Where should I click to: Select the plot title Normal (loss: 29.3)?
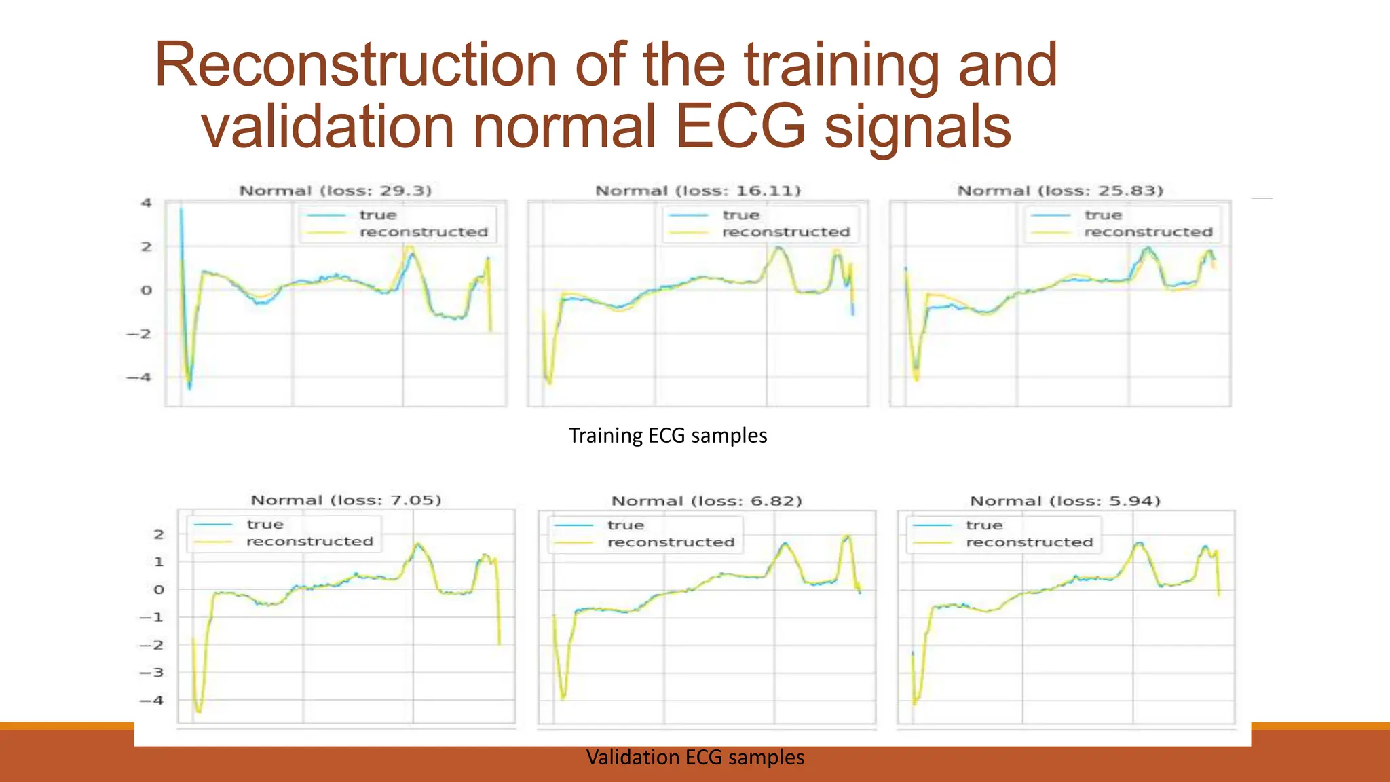click(335, 191)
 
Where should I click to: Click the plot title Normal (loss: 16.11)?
click(698, 191)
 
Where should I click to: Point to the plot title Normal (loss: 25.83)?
click(1060, 191)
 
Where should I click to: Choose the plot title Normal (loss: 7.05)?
click(346, 500)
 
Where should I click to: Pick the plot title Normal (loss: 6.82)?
click(707, 501)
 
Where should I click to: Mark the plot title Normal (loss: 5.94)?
click(1065, 501)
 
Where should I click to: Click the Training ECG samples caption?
click(668, 435)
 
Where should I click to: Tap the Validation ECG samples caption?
click(695, 757)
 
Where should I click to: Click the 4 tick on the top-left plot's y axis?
click(146, 203)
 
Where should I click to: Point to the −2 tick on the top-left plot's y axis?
click(140, 334)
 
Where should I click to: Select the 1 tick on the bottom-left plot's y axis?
click(158, 562)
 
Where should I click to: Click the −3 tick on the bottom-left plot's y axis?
click(152, 673)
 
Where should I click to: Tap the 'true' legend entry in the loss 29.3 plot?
click(378, 215)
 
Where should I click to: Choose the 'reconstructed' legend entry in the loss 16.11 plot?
click(786, 232)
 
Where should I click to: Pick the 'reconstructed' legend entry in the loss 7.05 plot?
click(309, 542)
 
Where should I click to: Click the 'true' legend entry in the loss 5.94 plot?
click(984, 525)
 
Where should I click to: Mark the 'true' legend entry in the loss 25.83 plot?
click(1103, 215)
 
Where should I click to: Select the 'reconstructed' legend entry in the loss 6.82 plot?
click(671, 542)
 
